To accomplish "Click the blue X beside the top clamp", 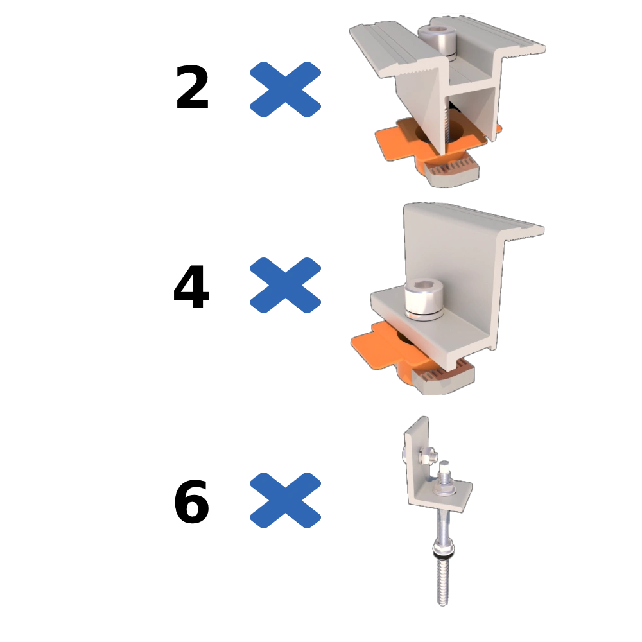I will point(284,90).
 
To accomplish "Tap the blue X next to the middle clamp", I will point(284,284).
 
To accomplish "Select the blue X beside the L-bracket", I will point(284,500).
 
